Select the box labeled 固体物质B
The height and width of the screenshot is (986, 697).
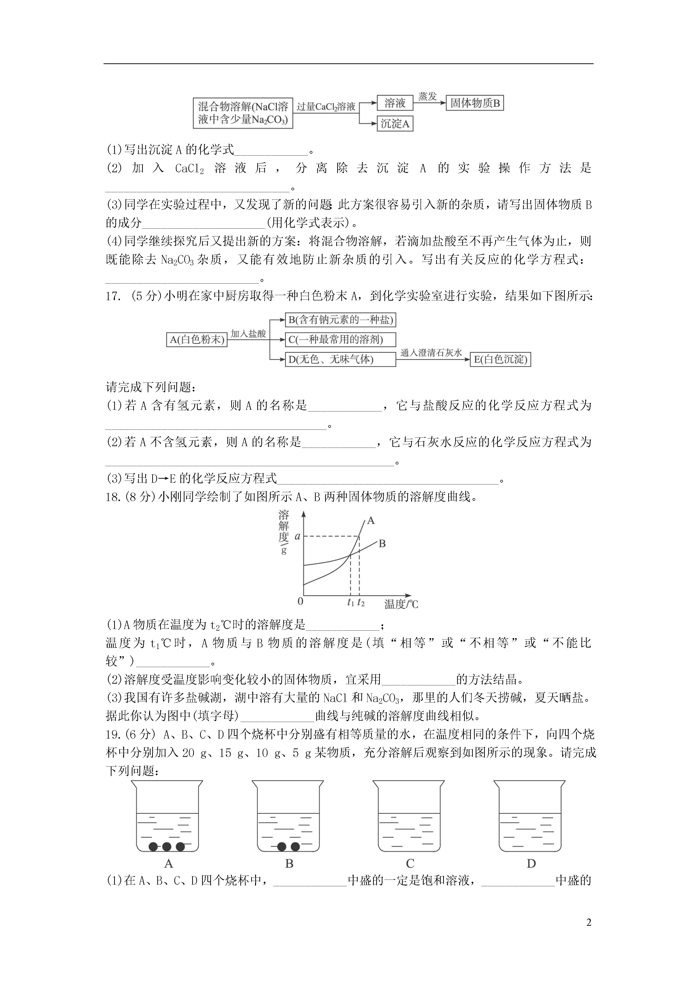474,103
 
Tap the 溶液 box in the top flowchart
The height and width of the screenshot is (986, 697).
395,103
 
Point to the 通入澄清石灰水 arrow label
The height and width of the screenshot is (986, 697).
431,353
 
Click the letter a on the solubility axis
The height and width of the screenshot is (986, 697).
297,536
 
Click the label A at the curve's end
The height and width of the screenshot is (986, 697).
371,521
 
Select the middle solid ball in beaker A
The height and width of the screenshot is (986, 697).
167,847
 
